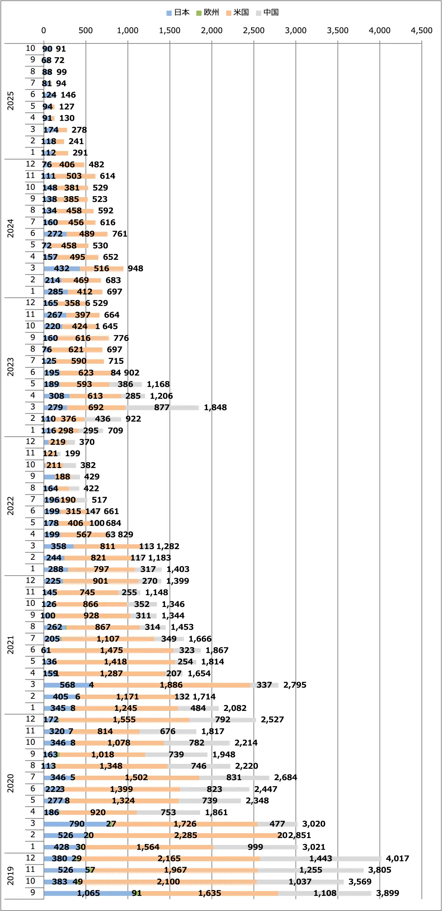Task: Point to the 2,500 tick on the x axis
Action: pyautogui.click(x=253, y=31)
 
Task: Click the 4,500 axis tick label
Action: pyautogui.click(x=421, y=31)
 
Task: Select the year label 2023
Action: pyautogui.click(x=10, y=367)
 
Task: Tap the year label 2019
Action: pyautogui.click(x=10, y=876)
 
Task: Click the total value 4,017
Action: pyautogui.click(x=397, y=858)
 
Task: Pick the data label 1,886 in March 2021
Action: pyautogui.click(x=171, y=685)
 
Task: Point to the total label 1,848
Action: pyautogui.click(x=215, y=407)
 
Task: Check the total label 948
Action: pyautogui.click(x=136, y=269)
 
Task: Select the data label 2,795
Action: pyautogui.click(x=295, y=685)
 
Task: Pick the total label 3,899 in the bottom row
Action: pyautogui.click(x=387, y=893)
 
